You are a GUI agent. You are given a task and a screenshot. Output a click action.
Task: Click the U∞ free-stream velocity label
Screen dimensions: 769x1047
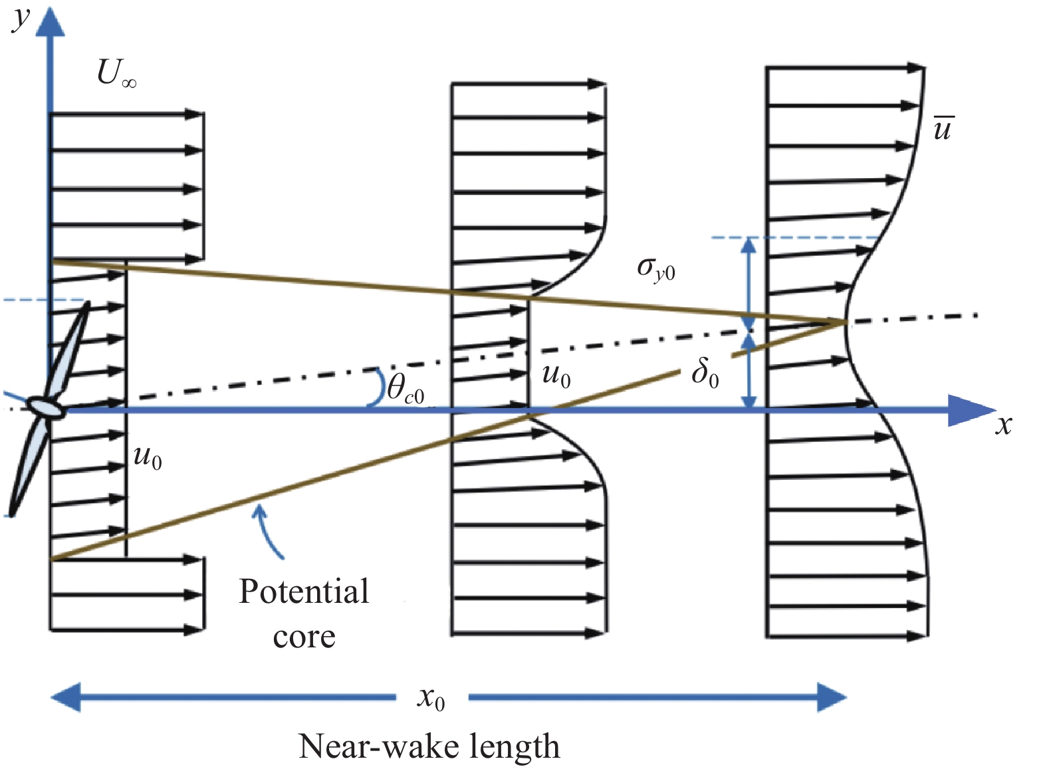coord(116,73)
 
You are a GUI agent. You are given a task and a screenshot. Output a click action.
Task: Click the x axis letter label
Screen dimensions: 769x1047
coord(1003,424)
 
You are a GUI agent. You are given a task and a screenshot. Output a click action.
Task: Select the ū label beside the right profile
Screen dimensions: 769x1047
coord(943,128)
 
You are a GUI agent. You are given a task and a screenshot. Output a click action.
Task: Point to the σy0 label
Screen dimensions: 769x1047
coord(655,269)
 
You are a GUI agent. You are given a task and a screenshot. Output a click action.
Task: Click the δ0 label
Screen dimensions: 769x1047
coord(705,372)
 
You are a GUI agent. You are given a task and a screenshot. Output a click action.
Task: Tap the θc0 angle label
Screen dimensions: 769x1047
coord(405,388)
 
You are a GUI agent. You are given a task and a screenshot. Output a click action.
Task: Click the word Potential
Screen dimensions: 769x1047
coord(304,591)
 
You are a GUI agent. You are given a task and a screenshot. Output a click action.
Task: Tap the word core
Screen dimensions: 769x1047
coord(304,636)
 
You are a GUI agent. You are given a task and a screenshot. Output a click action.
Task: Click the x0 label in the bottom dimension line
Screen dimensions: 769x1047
coord(431,698)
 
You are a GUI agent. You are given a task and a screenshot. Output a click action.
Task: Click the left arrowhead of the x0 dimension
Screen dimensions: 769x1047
coord(66,697)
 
